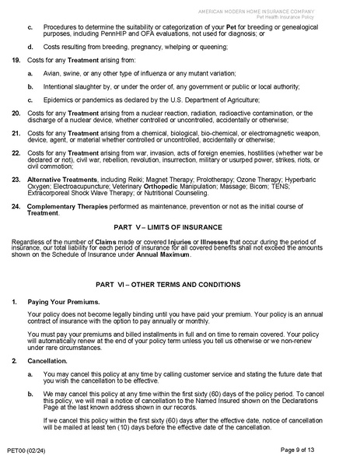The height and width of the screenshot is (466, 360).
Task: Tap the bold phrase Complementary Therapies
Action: point(64,206)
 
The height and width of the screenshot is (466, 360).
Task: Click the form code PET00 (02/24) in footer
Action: point(26,450)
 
